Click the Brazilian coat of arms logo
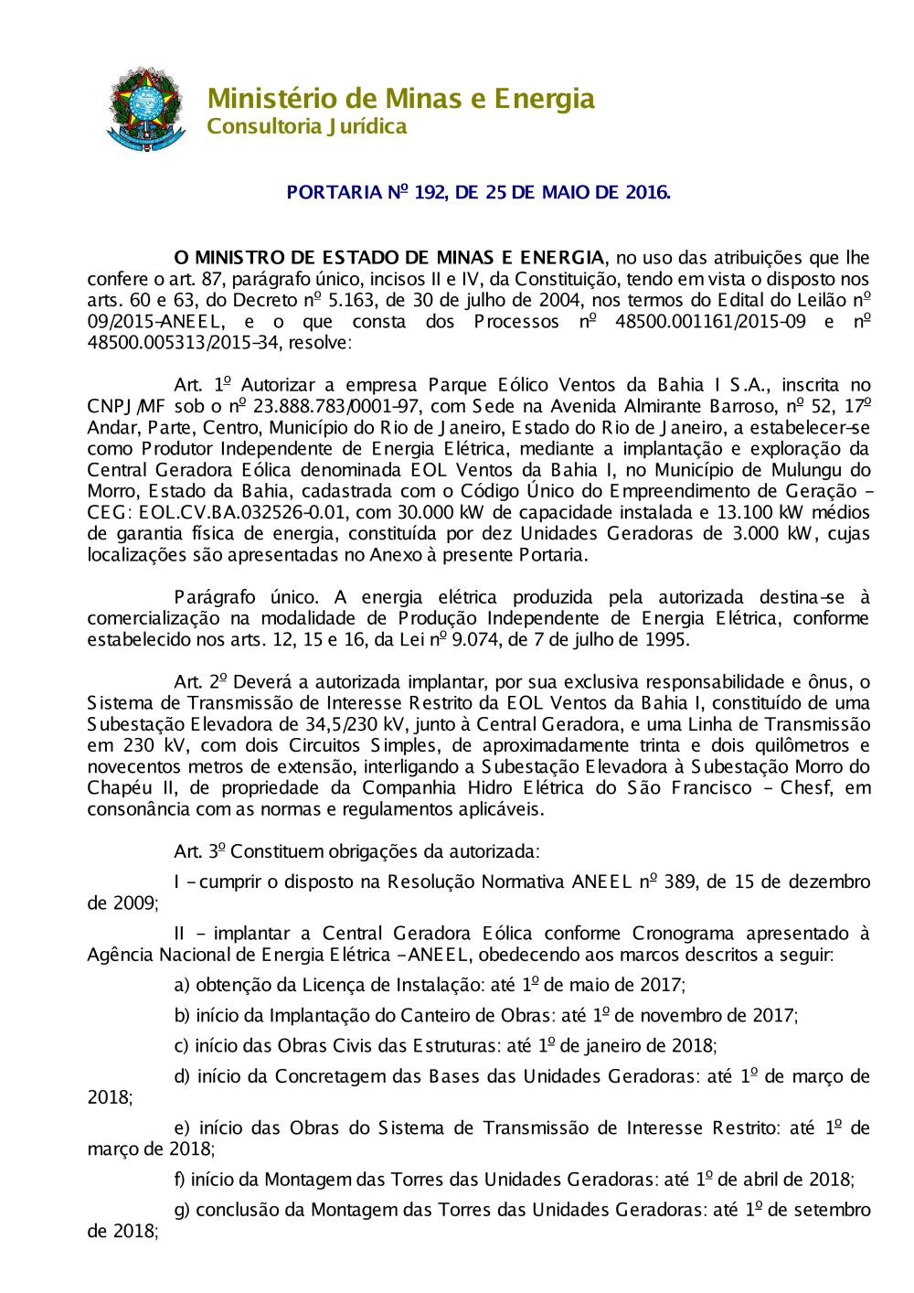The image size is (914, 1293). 146,109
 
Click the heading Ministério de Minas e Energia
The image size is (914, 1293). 400,98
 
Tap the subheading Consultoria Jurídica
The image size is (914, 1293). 306,126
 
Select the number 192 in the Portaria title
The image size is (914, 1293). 429,192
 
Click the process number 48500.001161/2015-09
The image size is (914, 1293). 710,321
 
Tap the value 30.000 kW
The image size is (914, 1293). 441,512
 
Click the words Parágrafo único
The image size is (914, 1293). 243,597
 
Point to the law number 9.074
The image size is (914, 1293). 475,639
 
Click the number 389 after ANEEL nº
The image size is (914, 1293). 679,882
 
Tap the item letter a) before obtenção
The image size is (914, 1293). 183,985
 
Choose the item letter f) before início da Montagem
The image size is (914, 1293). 181,1180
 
